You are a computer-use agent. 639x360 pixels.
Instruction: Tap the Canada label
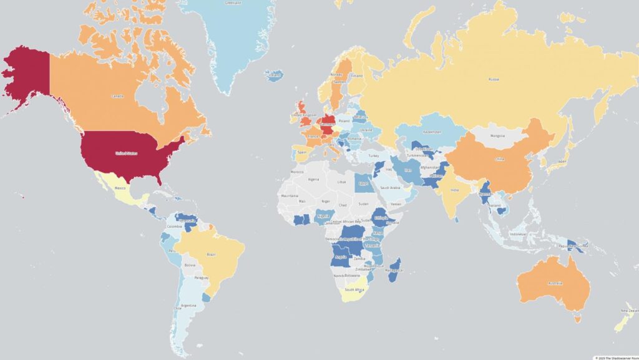pyautogui.click(x=116, y=97)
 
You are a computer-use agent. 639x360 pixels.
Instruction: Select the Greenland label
pyautogui.click(x=232, y=3)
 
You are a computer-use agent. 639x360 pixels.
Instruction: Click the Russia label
pyautogui.click(x=494, y=79)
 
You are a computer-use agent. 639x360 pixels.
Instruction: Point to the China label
pyautogui.click(x=499, y=159)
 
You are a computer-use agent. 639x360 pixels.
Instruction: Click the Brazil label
pyautogui.click(x=211, y=255)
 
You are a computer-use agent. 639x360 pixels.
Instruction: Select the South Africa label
pyautogui.click(x=354, y=289)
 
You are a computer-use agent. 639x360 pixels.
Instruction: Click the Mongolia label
pyautogui.click(x=497, y=136)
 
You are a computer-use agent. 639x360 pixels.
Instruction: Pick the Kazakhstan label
pyautogui.click(x=432, y=132)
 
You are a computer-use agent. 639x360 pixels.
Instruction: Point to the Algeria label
pyautogui.click(x=314, y=180)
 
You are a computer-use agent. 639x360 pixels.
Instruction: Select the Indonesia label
pyautogui.click(x=519, y=235)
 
